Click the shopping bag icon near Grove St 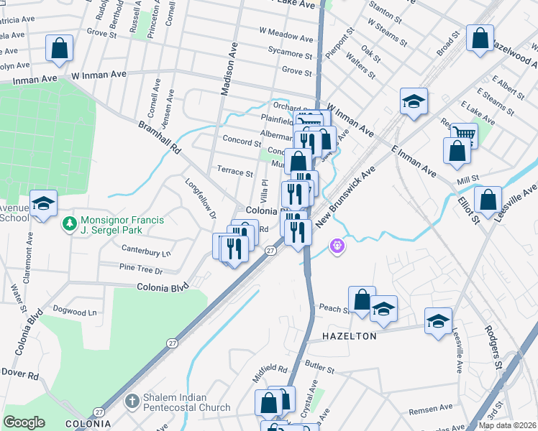click(60, 49)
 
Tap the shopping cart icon click(465, 134)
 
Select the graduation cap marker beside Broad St click(414, 102)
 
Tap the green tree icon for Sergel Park click(69, 224)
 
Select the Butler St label click(319, 368)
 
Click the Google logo click(24, 422)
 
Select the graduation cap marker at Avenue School click(43, 204)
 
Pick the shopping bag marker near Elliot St click(488, 201)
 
